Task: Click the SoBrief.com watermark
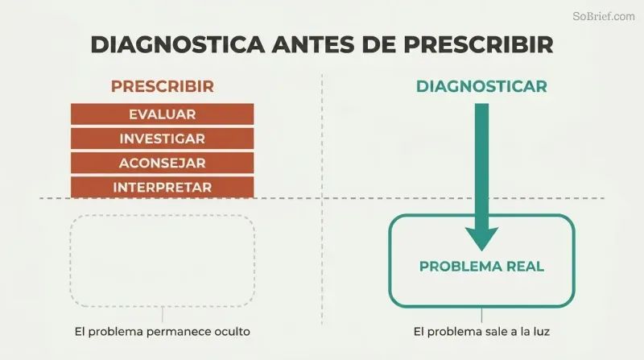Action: [x=603, y=16]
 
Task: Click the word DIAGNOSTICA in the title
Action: [x=177, y=44]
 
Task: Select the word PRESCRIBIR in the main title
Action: [x=478, y=44]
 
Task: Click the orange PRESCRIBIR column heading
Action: [x=163, y=86]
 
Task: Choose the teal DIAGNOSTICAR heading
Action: [x=481, y=86]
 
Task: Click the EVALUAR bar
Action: [x=163, y=114]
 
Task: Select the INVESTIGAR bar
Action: [x=163, y=139]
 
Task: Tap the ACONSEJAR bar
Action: [x=163, y=163]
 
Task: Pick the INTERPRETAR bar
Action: [x=163, y=188]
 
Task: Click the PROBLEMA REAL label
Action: [x=481, y=267]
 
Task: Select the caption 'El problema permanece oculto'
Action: [x=163, y=332]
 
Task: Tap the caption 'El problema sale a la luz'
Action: [x=481, y=332]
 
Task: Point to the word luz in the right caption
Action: [x=541, y=332]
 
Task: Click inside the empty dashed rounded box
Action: [x=163, y=261]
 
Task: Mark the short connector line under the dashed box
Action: [x=163, y=314]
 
